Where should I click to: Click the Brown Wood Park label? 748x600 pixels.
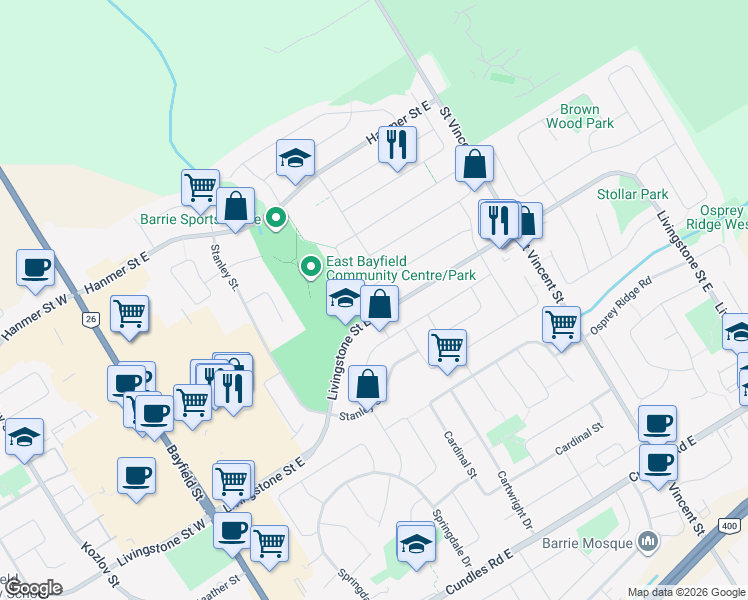click(580, 116)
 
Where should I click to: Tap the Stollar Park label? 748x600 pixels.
click(632, 194)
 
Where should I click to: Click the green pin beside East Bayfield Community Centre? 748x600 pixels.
click(311, 266)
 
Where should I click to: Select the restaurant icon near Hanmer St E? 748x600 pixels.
click(398, 144)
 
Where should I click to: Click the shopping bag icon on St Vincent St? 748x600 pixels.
click(474, 164)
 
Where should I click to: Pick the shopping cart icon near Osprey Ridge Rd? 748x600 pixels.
click(562, 324)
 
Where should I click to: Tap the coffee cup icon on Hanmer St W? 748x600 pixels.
click(35, 267)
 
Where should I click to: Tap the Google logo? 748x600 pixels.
click(32, 589)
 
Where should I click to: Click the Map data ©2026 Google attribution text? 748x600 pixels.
click(686, 592)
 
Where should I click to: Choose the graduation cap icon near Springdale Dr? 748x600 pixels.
click(416, 543)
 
